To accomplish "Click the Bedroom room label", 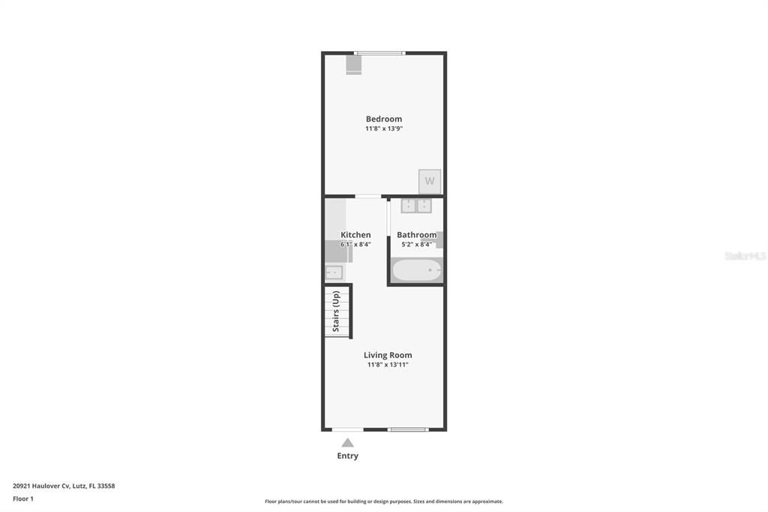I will point(383,119).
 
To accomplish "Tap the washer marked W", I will point(430,181).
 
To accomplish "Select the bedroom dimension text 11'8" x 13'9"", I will point(383,129).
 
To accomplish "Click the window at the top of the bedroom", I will point(379,53).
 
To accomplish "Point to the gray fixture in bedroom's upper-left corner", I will point(353,65).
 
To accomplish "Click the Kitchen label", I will point(355,235).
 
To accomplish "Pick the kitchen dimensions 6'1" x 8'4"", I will point(355,244).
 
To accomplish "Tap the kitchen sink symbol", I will point(333,273).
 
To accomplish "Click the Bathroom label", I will point(416,235).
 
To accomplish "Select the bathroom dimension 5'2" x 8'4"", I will point(416,244).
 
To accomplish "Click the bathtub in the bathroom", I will point(417,270).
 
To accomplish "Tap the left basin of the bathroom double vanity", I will point(408,206).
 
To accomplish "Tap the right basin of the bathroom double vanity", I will point(424,206).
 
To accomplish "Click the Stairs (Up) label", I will point(336,311).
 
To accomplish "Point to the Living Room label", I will point(388,355).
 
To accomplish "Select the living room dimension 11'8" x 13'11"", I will point(388,365).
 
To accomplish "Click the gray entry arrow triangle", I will point(347,443).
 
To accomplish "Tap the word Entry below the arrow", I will point(347,456).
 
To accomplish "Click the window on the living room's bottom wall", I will point(409,429).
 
